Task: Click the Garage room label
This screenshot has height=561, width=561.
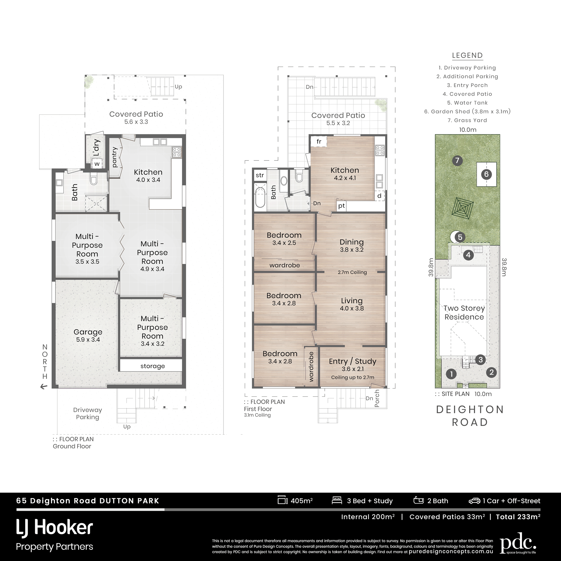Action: pos(88,332)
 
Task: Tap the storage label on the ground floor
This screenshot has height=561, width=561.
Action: pos(152,366)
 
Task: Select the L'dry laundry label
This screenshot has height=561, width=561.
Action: pos(97,148)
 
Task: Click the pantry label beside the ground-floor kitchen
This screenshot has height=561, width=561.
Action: pos(115,157)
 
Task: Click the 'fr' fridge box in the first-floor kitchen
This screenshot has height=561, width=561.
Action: pos(319,142)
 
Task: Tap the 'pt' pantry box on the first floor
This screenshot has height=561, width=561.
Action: pos(341,206)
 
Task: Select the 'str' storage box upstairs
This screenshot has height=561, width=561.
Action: pos(260,175)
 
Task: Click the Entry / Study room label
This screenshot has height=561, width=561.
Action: pos(352,361)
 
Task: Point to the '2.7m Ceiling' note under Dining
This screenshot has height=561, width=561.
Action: pos(352,272)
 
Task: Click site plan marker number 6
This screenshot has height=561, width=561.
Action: pos(486,174)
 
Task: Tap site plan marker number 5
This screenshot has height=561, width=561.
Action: pos(460,237)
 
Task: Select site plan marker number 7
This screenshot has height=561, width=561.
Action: pos(457,160)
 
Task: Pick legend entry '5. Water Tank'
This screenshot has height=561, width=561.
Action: pos(467,103)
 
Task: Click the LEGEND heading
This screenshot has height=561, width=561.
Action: pos(467,55)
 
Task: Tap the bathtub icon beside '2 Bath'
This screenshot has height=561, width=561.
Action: pos(418,500)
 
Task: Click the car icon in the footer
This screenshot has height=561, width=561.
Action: pos(474,501)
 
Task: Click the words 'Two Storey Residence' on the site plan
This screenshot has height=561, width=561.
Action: pos(464,313)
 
